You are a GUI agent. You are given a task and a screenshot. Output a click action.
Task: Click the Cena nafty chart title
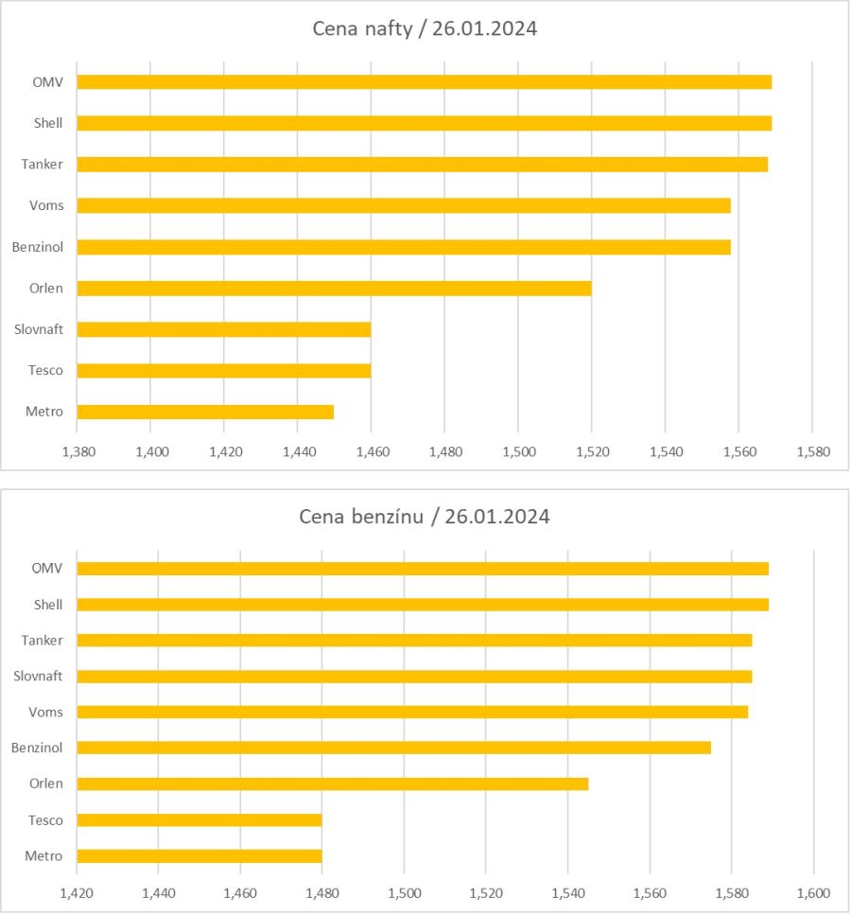click(425, 28)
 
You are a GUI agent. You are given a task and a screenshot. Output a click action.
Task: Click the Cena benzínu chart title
click(425, 517)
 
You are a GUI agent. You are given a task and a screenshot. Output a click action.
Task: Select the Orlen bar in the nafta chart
click(334, 288)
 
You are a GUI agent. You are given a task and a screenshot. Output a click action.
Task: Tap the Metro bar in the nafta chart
click(205, 412)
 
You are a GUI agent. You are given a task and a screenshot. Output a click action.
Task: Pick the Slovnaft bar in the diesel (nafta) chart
click(223, 329)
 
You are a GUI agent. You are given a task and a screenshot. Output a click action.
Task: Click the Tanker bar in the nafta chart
click(422, 164)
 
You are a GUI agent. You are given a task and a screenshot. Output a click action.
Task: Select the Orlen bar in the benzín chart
click(332, 784)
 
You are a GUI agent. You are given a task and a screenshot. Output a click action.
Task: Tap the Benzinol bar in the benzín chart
click(393, 748)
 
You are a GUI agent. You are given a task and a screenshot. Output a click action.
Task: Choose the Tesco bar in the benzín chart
click(199, 819)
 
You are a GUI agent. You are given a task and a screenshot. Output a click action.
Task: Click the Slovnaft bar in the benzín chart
click(414, 676)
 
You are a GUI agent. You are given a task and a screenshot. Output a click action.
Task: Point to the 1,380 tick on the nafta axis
click(78, 451)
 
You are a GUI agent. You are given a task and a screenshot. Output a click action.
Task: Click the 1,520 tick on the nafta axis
click(592, 451)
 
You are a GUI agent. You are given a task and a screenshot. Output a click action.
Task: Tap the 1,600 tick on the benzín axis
click(813, 892)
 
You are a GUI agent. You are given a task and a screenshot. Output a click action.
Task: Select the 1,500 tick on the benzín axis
click(404, 892)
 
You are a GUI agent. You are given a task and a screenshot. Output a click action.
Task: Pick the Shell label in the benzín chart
click(47, 605)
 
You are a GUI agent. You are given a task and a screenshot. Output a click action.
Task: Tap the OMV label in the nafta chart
click(47, 81)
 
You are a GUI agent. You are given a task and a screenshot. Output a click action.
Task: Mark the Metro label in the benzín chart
click(44, 856)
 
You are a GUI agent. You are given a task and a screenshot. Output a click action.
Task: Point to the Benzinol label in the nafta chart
click(37, 247)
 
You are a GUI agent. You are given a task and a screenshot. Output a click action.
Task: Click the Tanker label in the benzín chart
click(42, 641)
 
